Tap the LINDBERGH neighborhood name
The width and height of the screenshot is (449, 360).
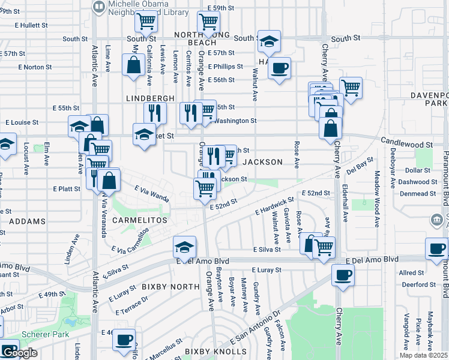click(150, 98)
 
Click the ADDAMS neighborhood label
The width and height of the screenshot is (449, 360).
click(28, 221)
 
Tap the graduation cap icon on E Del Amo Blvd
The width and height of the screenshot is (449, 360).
click(184, 246)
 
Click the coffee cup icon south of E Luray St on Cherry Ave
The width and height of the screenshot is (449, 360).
click(343, 275)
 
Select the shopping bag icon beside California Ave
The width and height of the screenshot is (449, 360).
click(131, 66)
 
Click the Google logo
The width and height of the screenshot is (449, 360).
click(19, 353)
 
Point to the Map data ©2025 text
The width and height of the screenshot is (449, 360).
click(424, 355)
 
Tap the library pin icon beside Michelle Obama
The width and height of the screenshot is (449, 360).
click(98, 7)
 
